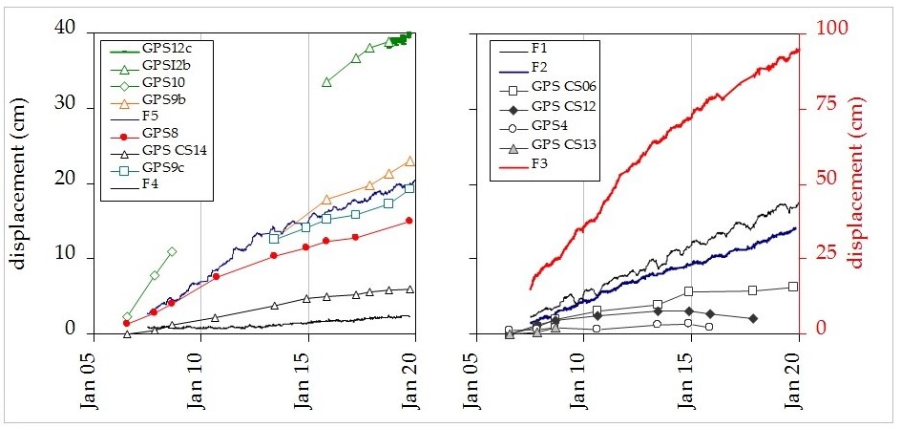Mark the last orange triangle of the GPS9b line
[410, 161]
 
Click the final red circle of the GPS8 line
[409, 221]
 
